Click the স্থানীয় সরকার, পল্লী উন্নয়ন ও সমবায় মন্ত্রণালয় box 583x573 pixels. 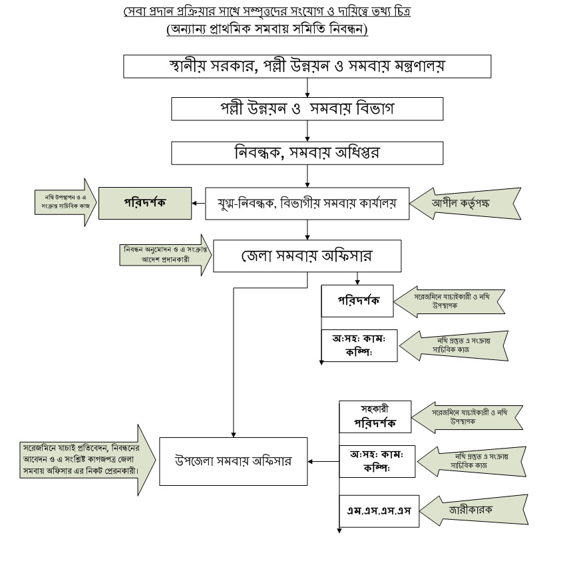tap(307, 67)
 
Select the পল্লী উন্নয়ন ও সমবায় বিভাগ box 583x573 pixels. tap(307, 108)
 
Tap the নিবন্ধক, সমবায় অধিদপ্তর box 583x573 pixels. tap(307, 152)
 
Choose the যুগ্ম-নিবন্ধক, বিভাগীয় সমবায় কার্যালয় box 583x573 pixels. tap(307, 203)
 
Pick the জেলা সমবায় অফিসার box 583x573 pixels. tap(307, 256)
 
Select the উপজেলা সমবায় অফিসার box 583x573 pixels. tap(233, 460)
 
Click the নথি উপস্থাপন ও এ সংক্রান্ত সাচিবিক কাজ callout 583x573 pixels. tap(63, 202)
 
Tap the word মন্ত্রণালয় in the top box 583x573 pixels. tap(414, 67)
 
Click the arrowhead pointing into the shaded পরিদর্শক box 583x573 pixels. tap(194, 203)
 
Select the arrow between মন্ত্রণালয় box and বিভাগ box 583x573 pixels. tap(307, 88)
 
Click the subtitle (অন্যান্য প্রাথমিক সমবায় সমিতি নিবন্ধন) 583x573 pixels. tap(267, 30)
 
